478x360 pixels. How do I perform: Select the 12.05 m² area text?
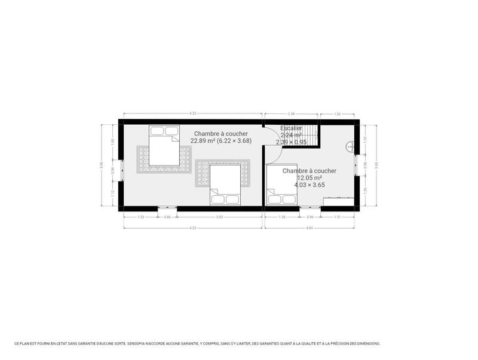(309, 178)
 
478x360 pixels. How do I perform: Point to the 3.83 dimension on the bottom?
(219, 217)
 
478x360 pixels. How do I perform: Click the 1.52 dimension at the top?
(337, 113)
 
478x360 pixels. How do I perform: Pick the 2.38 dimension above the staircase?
(291, 113)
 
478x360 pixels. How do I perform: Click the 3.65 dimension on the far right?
(376, 165)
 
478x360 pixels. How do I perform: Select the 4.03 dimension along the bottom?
(310, 227)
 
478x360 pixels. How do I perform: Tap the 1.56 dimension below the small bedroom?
(282, 217)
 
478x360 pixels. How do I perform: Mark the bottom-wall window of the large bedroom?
(167, 208)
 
